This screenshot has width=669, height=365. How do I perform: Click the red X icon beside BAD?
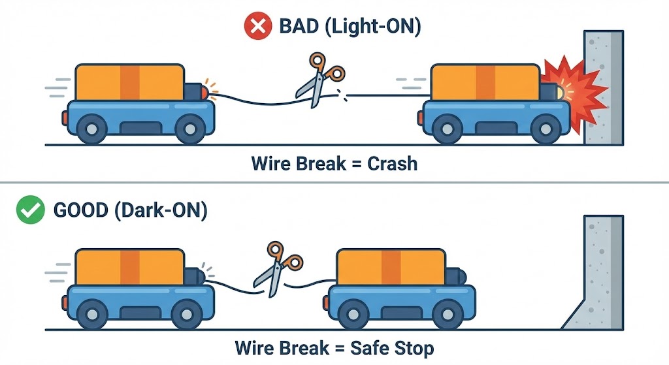255,27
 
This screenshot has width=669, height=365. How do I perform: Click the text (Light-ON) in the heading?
380,27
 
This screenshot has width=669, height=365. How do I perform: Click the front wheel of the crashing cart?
544,129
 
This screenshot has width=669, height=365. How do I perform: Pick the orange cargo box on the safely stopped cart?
390,268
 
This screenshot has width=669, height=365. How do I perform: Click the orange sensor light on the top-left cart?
208,90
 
